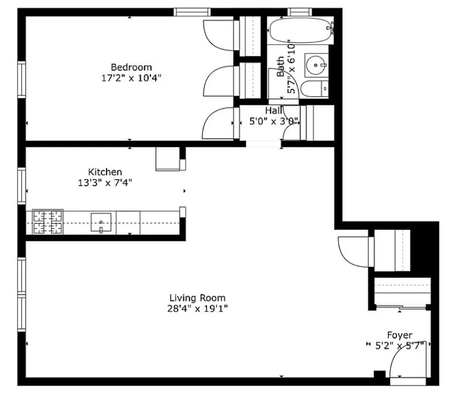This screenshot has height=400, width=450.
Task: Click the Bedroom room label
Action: point(131,67)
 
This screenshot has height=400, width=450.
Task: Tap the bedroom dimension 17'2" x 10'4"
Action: point(131,78)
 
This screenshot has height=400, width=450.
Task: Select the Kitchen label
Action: point(105,172)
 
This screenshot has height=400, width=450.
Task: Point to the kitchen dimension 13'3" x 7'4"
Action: point(105,182)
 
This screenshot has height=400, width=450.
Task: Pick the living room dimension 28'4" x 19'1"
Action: point(197,309)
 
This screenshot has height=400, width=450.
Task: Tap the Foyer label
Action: point(399,335)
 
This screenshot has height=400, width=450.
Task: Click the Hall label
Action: point(274,110)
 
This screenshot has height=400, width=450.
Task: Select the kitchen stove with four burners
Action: point(48,222)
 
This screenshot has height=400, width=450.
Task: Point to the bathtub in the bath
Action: point(300,31)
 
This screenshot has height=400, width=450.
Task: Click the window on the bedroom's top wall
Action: point(192,12)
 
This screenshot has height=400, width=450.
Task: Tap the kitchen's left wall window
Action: point(21,185)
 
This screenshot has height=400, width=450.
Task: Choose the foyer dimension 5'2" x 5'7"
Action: point(399,345)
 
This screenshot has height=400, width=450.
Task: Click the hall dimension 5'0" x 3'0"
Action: point(274,121)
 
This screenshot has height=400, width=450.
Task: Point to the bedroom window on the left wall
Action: point(21,78)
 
